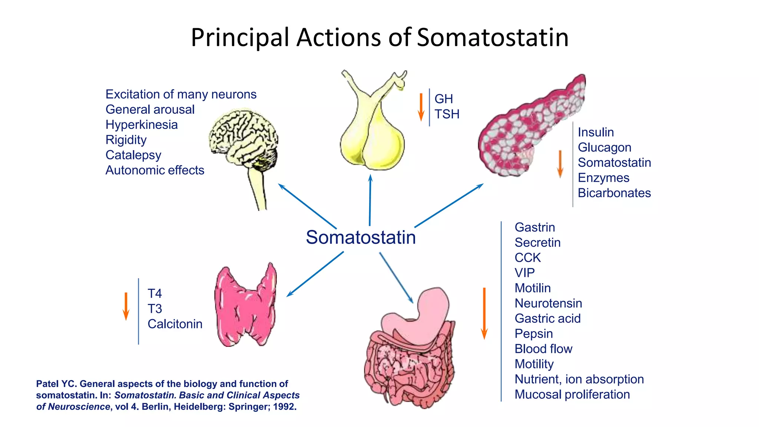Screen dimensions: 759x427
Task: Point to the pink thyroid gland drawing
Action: [245, 306]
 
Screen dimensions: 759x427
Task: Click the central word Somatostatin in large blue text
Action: [361, 237]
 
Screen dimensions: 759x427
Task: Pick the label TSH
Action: [447, 114]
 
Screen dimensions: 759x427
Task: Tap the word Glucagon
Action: [604, 148]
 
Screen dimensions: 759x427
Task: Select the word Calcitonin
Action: [175, 324]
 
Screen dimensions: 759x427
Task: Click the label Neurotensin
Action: [548, 303]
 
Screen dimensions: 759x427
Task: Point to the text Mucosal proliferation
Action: [572, 394]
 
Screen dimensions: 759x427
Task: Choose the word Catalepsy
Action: [133, 155]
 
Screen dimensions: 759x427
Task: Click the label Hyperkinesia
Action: [142, 125]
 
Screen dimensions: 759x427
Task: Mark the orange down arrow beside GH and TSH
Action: [421, 107]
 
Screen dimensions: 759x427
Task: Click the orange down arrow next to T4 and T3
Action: [126, 307]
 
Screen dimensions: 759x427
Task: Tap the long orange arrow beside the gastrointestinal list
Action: [484, 314]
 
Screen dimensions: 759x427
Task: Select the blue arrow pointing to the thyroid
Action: [315, 274]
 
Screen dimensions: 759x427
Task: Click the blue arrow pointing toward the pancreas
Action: [449, 205]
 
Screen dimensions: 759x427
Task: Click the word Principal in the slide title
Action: [240, 38]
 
